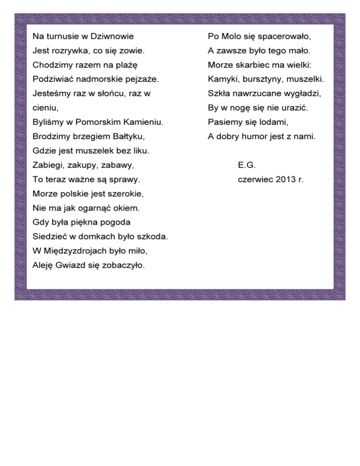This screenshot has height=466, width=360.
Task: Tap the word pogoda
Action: [x=113, y=222]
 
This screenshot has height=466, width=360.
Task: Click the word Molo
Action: [x=229, y=36]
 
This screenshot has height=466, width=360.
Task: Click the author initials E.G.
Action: [x=247, y=165]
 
